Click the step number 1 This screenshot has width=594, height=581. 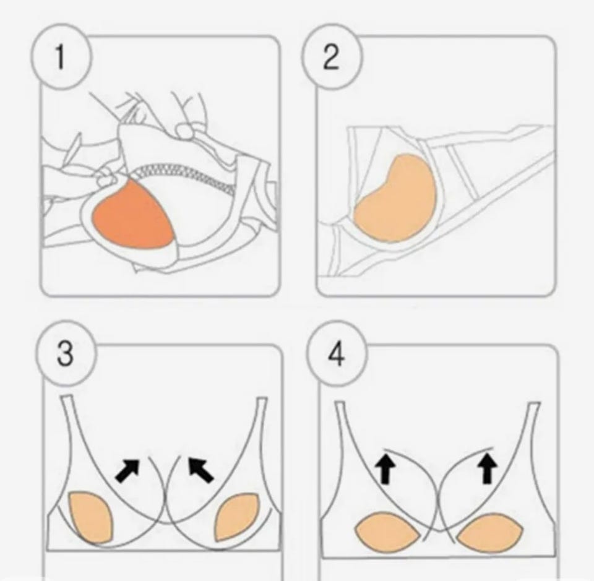pyautogui.click(x=59, y=57)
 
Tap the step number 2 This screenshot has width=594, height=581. pyautogui.click(x=330, y=58)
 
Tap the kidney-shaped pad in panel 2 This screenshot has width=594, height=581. pyautogui.click(x=396, y=199)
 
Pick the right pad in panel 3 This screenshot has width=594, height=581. pyautogui.click(x=237, y=517)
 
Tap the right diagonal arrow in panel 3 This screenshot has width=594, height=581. pyautogui.click(x=200, y=470)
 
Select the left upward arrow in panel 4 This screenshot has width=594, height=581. pyautogui.click(x=384, y=469)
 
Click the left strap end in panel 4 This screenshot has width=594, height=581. pyautogui.click(x=340, y=403)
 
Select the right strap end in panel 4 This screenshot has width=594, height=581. pyautogui.click(x=535, y=404)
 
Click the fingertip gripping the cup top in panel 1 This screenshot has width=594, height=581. pyautogui.click(x=185, y=131)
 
